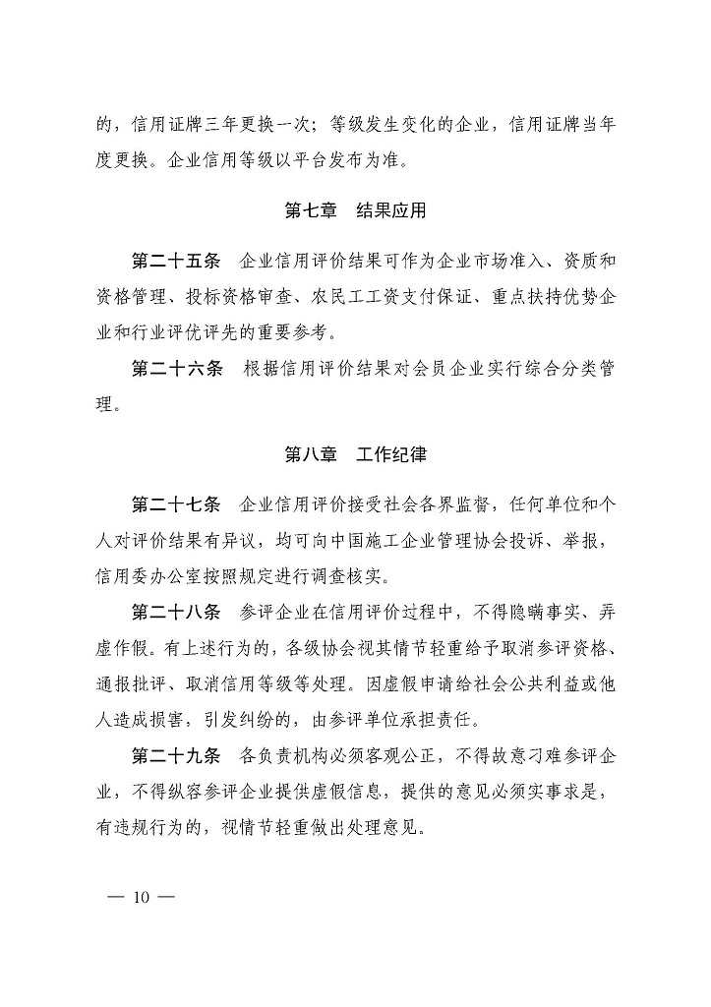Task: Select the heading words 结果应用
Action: click(392, 209)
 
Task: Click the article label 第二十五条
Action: click(177, 262)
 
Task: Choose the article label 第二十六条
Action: click(177, 368)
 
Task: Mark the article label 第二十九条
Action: click(177, 755)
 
